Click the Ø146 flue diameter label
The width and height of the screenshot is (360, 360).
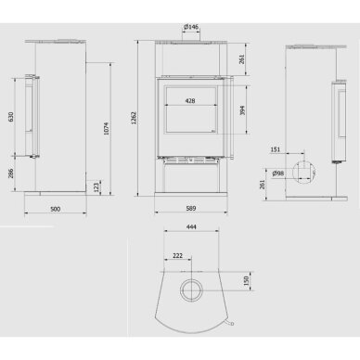(191, 27)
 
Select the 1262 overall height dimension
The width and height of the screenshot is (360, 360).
(134, 118)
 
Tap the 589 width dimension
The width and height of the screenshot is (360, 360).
(191, 209)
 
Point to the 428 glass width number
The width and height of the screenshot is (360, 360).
(190, 100)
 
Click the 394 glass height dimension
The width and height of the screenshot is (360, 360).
(242, 110)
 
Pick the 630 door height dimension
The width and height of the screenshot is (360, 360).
(11, 117)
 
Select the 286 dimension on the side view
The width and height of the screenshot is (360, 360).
(11, 174)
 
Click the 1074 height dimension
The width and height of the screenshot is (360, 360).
(106, 129)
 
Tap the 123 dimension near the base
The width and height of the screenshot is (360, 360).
(96, 187)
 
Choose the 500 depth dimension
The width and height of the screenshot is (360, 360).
(55, 209)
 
